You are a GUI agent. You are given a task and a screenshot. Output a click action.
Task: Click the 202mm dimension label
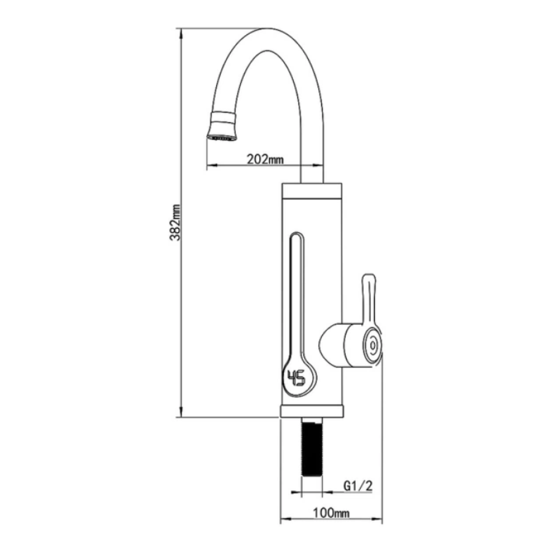coord(265,159)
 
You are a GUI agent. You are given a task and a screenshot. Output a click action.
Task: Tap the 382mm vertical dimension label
coord(175,222)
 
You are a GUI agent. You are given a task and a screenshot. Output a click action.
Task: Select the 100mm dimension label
coord(331,513)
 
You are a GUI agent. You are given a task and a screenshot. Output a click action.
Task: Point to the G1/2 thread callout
coord(358,486)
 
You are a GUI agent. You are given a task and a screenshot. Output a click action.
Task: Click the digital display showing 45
coord(297,378)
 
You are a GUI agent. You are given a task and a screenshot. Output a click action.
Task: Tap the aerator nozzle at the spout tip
coord(222,126)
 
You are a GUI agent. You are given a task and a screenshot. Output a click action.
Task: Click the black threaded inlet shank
coord(312,447)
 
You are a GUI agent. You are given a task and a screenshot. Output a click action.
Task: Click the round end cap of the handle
coord(372,345)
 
